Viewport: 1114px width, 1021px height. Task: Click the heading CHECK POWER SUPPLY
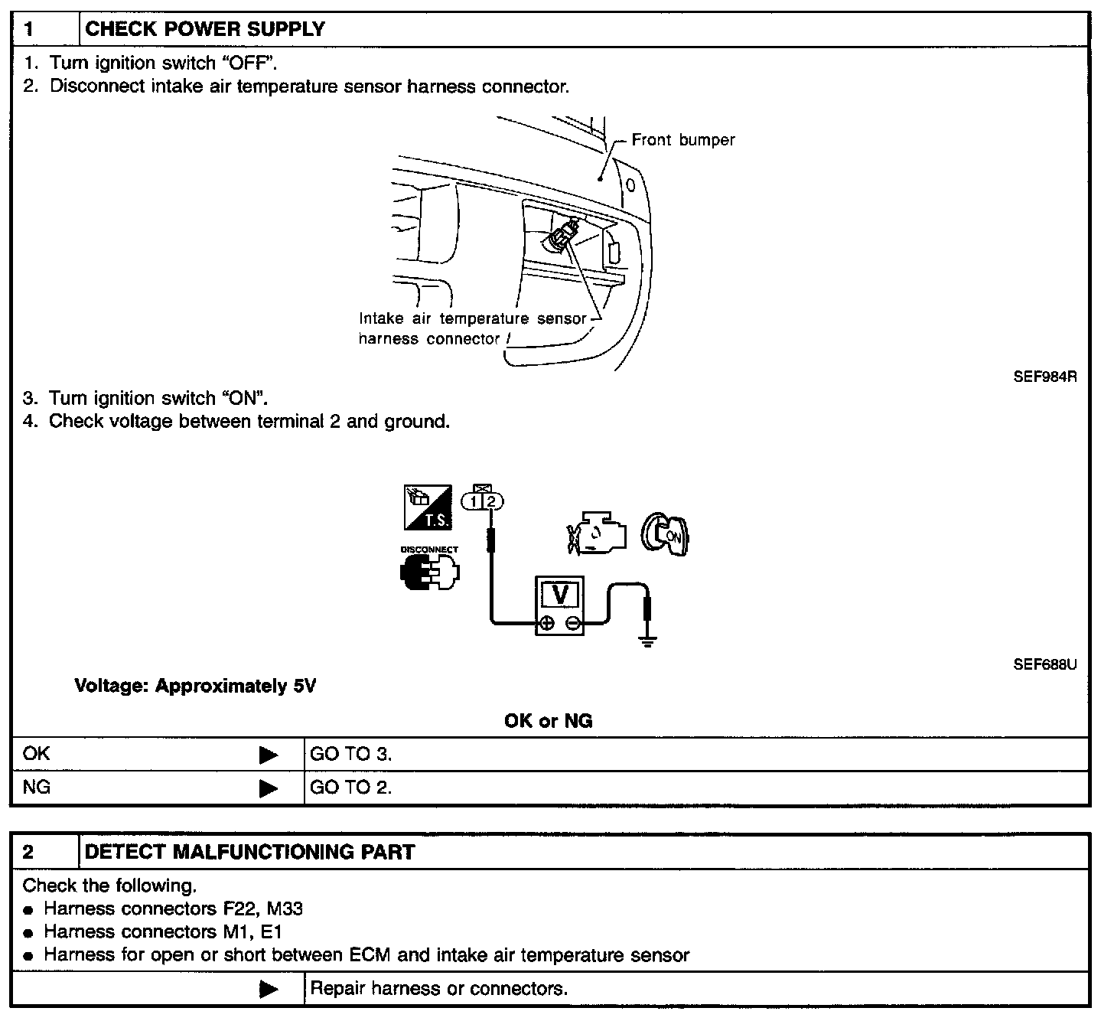click(205, 30)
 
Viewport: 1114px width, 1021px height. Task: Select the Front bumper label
click(682, 140)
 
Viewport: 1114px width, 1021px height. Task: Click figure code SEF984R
click(1044, 377)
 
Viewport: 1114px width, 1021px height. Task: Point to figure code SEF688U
click(1044, 664)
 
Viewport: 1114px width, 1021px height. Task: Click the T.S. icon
click(428, 507)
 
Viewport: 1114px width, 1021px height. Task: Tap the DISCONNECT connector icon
click(429, 570)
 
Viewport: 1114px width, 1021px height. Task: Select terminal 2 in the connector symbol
click(492, 501)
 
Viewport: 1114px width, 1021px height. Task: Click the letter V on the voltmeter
click(559, 595)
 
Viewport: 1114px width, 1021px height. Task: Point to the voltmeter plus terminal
click(546, 624)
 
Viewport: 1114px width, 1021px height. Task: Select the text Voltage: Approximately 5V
click(195, 686)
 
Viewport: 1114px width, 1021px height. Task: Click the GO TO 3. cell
click(351, 754)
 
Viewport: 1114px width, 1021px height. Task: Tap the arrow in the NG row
click(269, 788)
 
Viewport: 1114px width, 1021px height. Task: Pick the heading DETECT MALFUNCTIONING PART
click(249, 852)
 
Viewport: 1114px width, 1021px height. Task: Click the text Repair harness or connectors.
click(439, 989)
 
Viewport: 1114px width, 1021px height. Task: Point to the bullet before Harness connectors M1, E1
click(28, 934)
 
